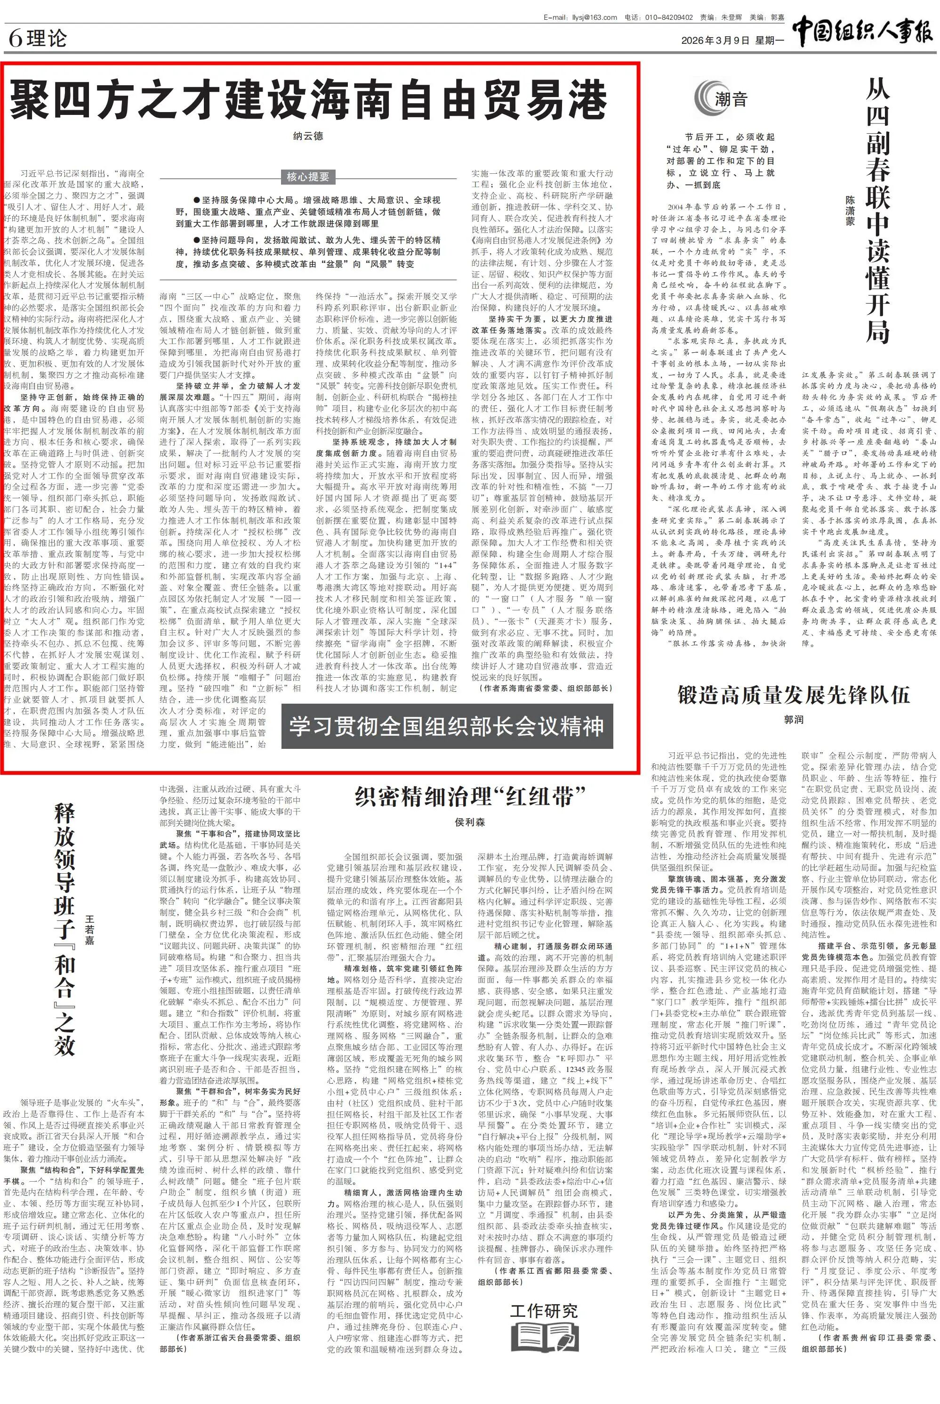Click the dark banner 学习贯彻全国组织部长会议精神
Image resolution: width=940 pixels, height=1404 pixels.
click(447, 726)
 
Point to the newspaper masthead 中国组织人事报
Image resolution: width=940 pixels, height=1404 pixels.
click(863, 31)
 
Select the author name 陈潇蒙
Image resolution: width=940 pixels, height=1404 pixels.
click(850, 210)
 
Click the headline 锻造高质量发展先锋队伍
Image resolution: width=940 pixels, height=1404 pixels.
click(793, 695)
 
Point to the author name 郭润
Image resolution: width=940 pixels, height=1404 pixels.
click(793, 719)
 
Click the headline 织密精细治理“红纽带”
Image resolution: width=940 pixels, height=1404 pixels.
click(469, 796)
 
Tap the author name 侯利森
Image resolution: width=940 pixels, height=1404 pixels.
click(469, 822)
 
